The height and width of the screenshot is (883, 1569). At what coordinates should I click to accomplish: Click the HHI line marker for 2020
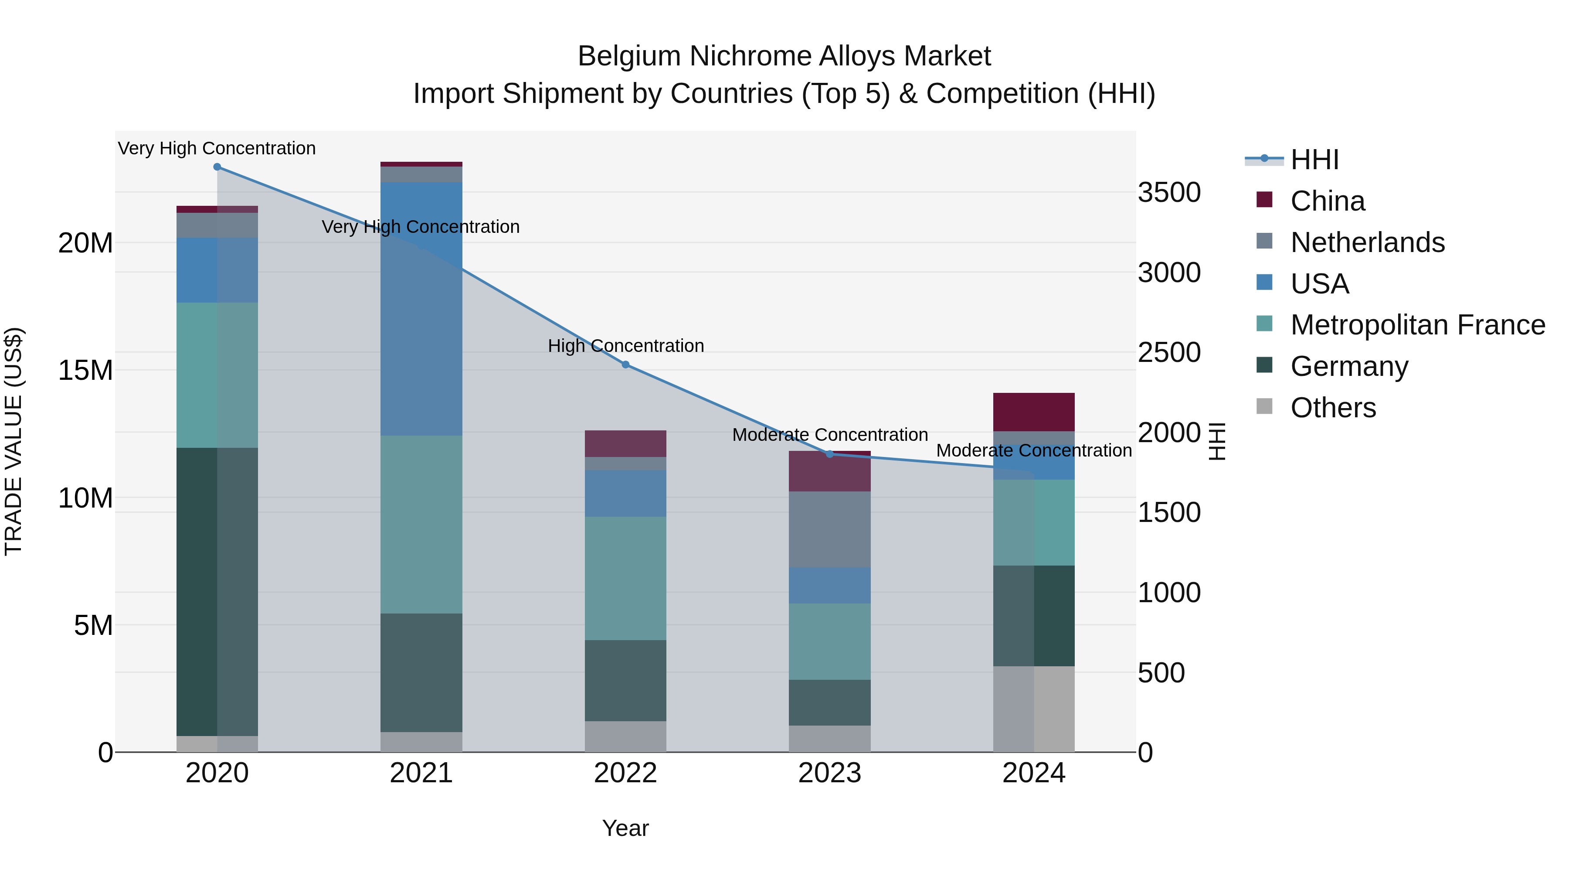(217, 167)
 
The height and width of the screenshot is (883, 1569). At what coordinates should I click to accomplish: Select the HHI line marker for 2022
(625, 365)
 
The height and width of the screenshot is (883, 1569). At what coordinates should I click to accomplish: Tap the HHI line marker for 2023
(829, 454)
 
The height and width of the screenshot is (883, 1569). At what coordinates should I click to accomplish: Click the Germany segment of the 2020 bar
(217, 591)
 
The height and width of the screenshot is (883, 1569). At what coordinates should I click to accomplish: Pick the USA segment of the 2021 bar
(421, 308)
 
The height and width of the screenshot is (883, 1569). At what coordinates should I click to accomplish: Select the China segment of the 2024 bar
(1034, 412)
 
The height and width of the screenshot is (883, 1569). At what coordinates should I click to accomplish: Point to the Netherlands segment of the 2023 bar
(829, 529)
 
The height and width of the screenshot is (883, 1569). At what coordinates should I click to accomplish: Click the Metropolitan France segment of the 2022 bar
(625, 578)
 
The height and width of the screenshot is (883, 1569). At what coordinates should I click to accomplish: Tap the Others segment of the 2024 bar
(1034, 709)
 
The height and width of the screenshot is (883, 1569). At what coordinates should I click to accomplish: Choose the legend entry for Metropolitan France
(1417, 325)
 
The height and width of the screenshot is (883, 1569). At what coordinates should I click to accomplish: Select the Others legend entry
(1333, 408)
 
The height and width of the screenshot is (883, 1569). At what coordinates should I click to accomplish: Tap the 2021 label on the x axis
(421, 773)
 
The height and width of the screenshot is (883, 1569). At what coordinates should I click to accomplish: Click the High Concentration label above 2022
(625, 345)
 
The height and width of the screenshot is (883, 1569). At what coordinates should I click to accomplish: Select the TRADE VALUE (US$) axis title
(14, 441)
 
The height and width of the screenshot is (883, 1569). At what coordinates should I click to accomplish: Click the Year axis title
(625, 828)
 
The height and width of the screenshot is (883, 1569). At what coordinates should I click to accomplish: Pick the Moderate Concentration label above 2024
(1034, 450)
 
